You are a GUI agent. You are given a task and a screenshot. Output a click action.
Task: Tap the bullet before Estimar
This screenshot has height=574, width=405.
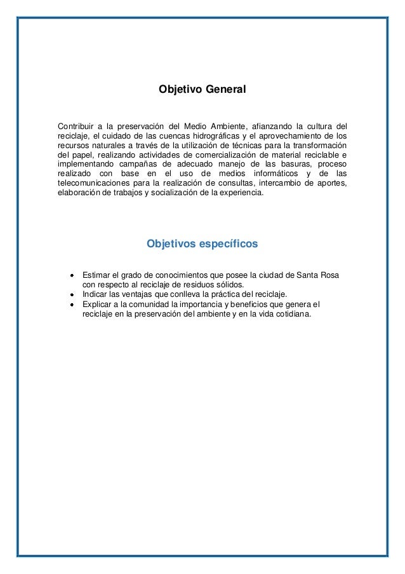coord(73,275)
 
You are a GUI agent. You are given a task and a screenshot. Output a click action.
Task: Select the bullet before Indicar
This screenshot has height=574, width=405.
coord(73,294)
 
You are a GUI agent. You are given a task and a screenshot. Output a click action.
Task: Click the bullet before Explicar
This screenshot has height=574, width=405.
coord(73,304)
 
